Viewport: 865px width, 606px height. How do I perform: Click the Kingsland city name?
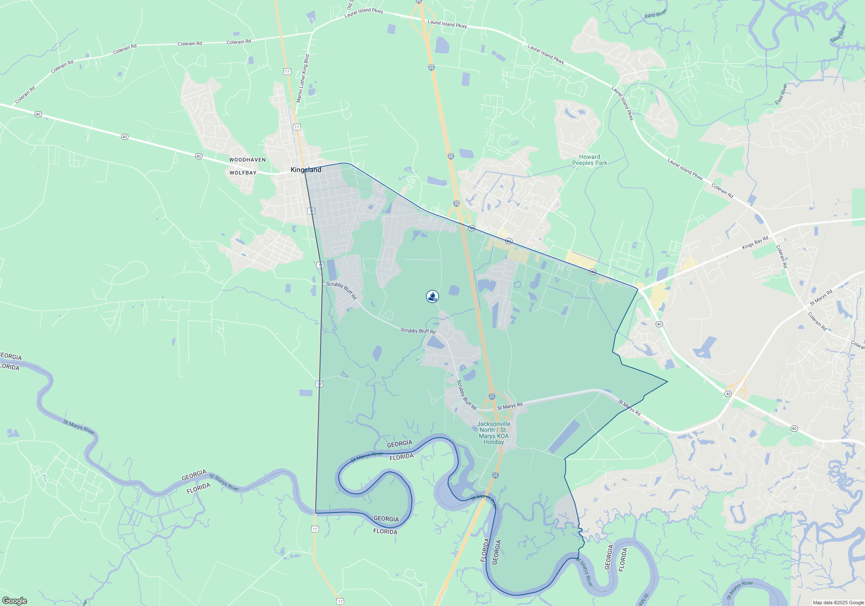[x=306, y=170]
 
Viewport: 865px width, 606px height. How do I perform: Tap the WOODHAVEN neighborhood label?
[x=247, y=160]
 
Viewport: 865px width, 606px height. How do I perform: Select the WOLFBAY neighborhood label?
[x=243, y=173]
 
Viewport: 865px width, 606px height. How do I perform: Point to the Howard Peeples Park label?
[x=589, y=160]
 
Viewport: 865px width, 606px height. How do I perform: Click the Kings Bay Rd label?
[x=755, y=242]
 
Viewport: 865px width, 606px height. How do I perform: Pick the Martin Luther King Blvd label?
[x=303, y=78]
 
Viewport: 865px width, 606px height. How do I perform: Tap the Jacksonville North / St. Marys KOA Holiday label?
[x=493, y=433]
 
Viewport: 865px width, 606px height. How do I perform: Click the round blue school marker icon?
[x=432, y=296]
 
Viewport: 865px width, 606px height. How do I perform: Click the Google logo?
[x=15, y=600]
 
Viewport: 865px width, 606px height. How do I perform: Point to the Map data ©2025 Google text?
[x=838, y=603]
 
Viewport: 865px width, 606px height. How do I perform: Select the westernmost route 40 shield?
[x=38, y=114]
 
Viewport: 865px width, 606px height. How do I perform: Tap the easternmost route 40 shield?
[x=794, y=429]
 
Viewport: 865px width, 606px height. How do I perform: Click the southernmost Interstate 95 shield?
[x=495, y=475]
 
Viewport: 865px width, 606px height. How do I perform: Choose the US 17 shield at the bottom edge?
[x=340, y=601]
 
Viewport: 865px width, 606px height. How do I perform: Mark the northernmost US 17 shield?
[x=287, y=71]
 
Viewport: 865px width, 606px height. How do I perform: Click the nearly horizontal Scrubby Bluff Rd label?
[x=418, y=331]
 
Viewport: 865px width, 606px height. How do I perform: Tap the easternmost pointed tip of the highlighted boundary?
[x=667, y=381]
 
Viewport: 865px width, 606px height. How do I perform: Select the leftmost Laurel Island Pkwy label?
[x=364, y=13]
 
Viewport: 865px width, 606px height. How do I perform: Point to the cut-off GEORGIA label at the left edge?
[x=10, y=356]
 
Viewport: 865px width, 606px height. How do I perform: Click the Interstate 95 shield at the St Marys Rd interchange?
[x=492, y=396]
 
